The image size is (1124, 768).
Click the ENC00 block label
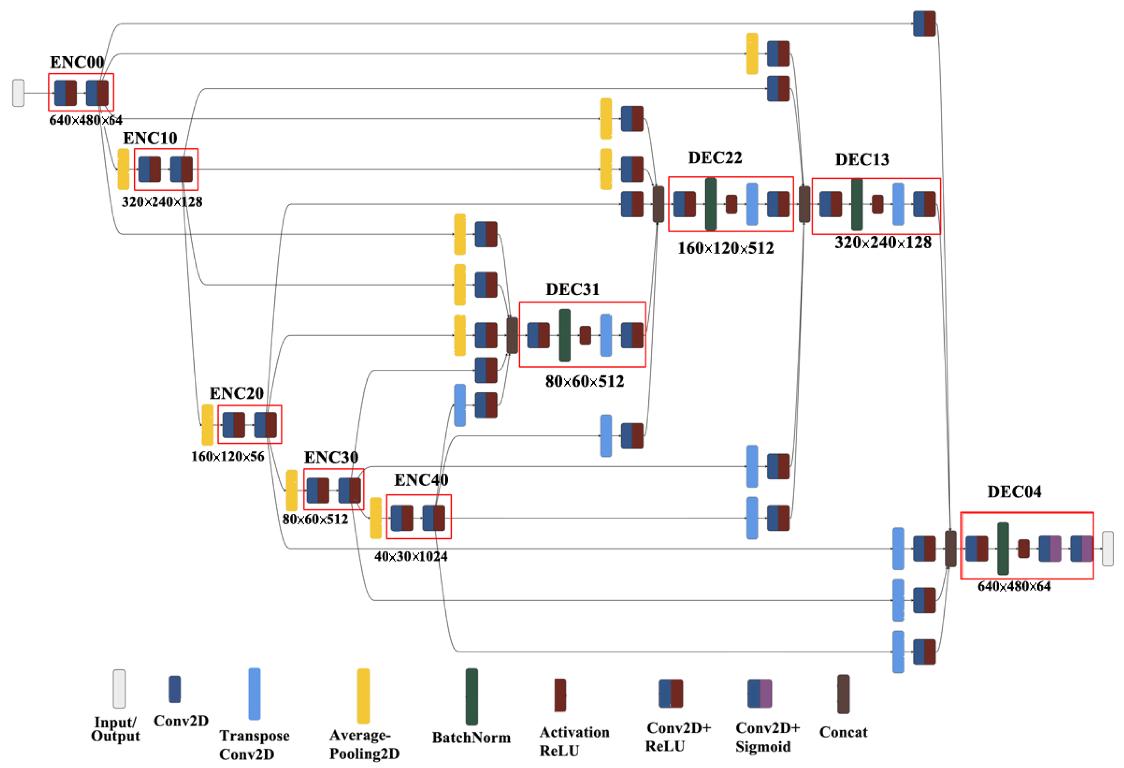click(x=77, y=62)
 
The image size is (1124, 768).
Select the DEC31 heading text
click(x=572, y=289)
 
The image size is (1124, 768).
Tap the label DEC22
click(x=714, y=158)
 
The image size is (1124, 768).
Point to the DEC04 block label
click(x=1014, y=492)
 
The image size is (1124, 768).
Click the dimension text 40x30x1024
click(x=410, y=557)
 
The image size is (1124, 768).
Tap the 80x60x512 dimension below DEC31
click(x=584, y=381)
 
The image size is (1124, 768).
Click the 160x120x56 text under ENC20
click(x=227, y=456)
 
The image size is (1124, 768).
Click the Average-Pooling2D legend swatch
click(x=363, y=696)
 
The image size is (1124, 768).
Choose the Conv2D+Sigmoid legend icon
click(x=759, y=693)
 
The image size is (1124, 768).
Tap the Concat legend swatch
click(x=843, y=694)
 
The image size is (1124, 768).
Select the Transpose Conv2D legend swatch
click(x=254, y=694)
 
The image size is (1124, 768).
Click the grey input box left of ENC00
click(x=18, y=93)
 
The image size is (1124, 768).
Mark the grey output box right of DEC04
click(x=1107, y=548)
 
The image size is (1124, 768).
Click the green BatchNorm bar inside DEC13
click(x=857, y=204)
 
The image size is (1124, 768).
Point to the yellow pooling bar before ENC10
click(x=123, y=169)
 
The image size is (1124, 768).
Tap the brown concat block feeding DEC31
click(x=512, y=335)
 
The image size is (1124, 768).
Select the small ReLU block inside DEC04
click(x=1023, y=549)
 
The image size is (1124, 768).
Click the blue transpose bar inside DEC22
click(x=752, y=204)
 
